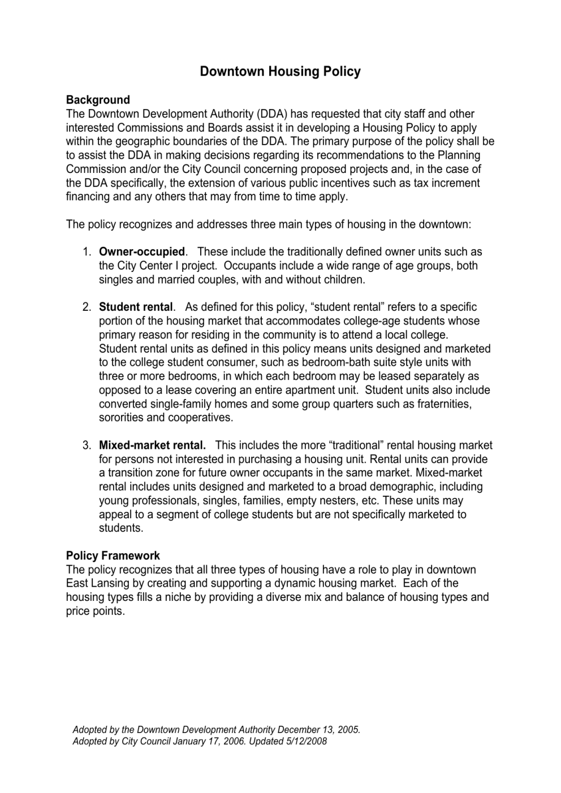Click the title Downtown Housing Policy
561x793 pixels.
click(x=280, y=72)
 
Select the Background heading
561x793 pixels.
click(x=98, y=100)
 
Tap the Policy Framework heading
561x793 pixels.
click(x=113, y=556)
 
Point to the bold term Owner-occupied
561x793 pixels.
click(x=142, y=252)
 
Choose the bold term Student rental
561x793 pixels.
click(x=136, y=307)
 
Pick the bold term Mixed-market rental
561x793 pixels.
click(x=152, y=445)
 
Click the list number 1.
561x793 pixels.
click(x=87, y=252)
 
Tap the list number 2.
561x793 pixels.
click(x=87, y=307)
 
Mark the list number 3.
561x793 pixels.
click(x=87, y=445)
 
